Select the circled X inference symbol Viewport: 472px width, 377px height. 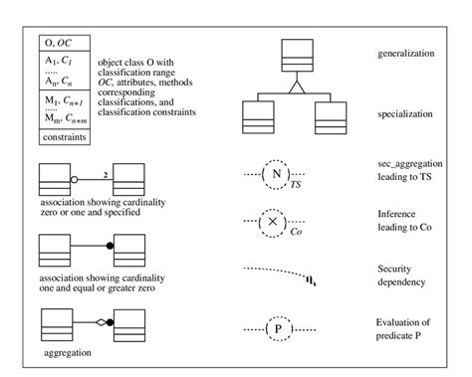pyautogui.click(x=276, y=222)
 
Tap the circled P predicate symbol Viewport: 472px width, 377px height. pyautogui.click(x=276, y=325)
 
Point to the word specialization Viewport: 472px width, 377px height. pyautogui.click(x=406, y=114)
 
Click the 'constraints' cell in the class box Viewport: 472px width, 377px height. pyautogui.click(x=65, y=136)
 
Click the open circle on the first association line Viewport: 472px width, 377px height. pyautogui.click(x=75, y=181)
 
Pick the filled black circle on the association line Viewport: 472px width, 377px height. pyautogui.click(x=109, y=245)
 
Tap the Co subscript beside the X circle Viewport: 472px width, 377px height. pyautogui.click(x=296, y=232)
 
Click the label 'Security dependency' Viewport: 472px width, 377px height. pyautogui.click(x=403, y=275)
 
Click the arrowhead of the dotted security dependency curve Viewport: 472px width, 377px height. pyautogui.click(x=316, y=280)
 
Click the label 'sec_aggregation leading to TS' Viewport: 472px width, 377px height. pyautogui.click(x=410, y=170)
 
